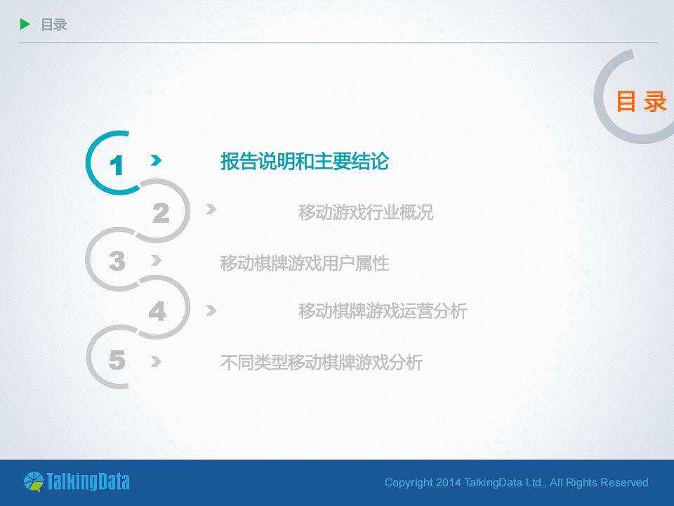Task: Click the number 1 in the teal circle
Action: [x=117, y=166]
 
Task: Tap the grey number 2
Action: [x=161, y=213]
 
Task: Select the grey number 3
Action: [x=117, y=261]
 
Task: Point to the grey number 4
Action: [x=157, y=311]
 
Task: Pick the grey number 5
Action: [x=117, y=361]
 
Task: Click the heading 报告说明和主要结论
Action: [x=304, y=162]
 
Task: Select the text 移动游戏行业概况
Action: [x=365, y=212]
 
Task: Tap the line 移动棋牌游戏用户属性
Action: [x=304, y=264]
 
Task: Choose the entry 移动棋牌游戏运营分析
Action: [x=382, y=311]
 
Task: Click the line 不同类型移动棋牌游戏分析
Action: [x=321, y=363]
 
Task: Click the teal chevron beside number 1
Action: [x=156, y=161]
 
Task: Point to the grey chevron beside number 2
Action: [x=211, y=209]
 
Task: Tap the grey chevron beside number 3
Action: [x=156, y=261]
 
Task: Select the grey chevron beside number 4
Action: [x=211, y=310]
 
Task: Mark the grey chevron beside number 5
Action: [x=156, y=362]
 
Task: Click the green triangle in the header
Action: [x=26, y=25]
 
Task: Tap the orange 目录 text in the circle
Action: [x=640, y=102]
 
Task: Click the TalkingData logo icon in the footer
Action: [x=33, y=481]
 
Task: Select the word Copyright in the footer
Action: [x=408, y=483]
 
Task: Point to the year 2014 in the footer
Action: [x=448, y=483]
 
